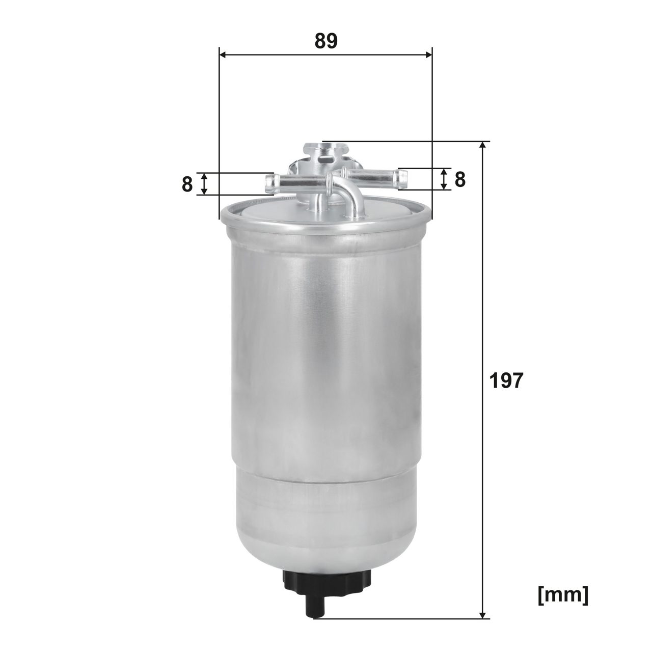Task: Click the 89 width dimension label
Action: [326, 41]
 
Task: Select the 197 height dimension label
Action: [506, 381]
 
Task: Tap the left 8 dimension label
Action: [187, 184]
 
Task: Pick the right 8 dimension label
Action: [460, 179]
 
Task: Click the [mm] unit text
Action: [563, 595]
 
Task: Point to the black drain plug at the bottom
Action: [327, 581]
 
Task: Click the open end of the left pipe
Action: [270, 183]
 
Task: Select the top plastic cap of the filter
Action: [326, 151]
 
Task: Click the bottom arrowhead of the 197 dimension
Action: [483, 614]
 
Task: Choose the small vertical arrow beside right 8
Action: [444, 179]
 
